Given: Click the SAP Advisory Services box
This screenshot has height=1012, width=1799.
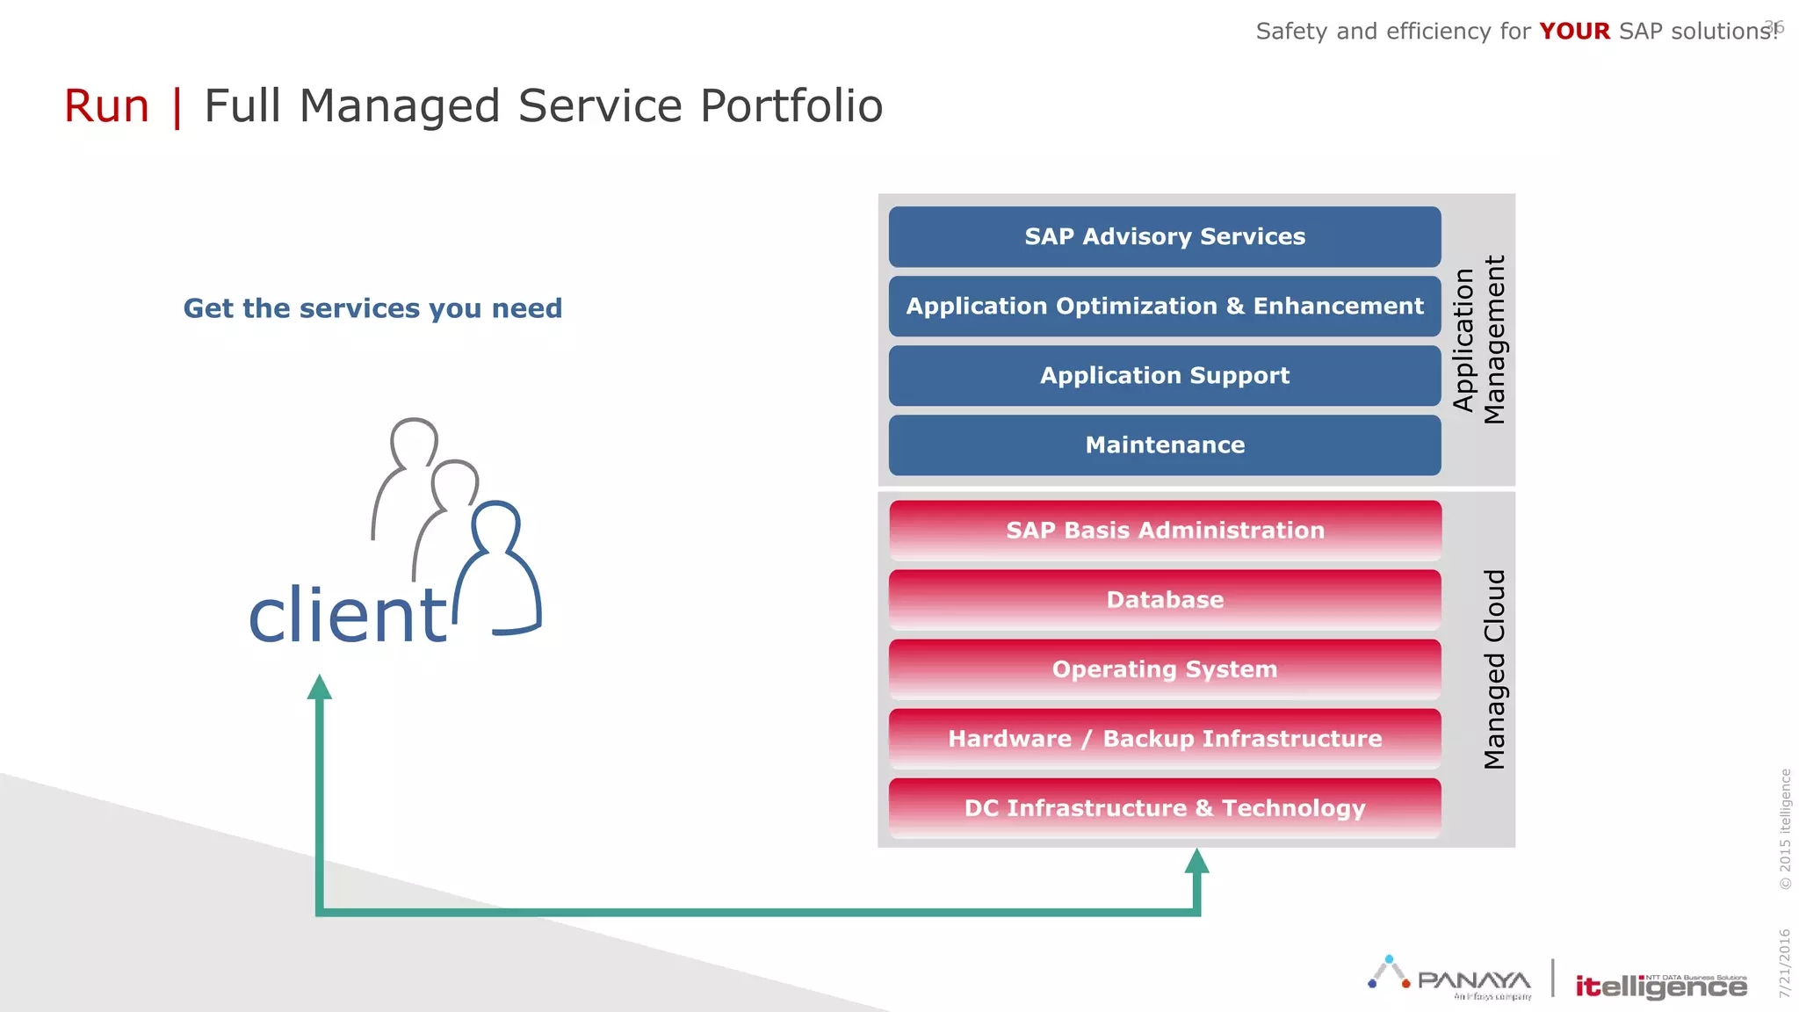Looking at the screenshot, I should pos(1164,237).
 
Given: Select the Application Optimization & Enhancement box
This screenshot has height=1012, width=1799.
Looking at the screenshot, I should pos(1164,307).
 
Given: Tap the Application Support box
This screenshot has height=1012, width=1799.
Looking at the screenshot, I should pos(1164,376).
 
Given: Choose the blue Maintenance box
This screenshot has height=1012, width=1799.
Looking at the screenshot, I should pos(1164,445).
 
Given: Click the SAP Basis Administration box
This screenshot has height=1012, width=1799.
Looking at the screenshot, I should pos(1164,531).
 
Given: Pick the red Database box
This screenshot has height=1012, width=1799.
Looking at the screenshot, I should pos(1164,600).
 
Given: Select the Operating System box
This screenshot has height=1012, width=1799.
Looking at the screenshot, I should pos(1164,669).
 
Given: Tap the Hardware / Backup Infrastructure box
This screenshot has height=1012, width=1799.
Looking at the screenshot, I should pos(1164,739).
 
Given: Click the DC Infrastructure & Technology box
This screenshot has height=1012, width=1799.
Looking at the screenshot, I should pos(1164,808).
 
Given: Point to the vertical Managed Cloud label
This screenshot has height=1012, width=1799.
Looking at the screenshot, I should pos(1494,669).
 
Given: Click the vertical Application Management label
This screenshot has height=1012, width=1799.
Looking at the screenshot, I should pos(1479,340).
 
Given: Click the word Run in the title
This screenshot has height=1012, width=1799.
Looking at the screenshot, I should pos(107,106).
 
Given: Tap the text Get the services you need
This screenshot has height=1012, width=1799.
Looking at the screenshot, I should pos(372,308).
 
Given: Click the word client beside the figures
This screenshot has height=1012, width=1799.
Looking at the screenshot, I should pos(348,615).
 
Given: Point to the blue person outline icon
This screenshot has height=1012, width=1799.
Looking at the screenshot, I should pos(502,571).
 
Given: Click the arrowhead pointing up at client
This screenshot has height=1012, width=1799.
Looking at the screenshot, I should pos(320,688).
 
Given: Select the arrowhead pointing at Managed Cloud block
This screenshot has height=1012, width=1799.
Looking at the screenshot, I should pos(1196,861).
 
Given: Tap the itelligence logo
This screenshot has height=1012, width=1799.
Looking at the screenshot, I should pos(1660,986).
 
